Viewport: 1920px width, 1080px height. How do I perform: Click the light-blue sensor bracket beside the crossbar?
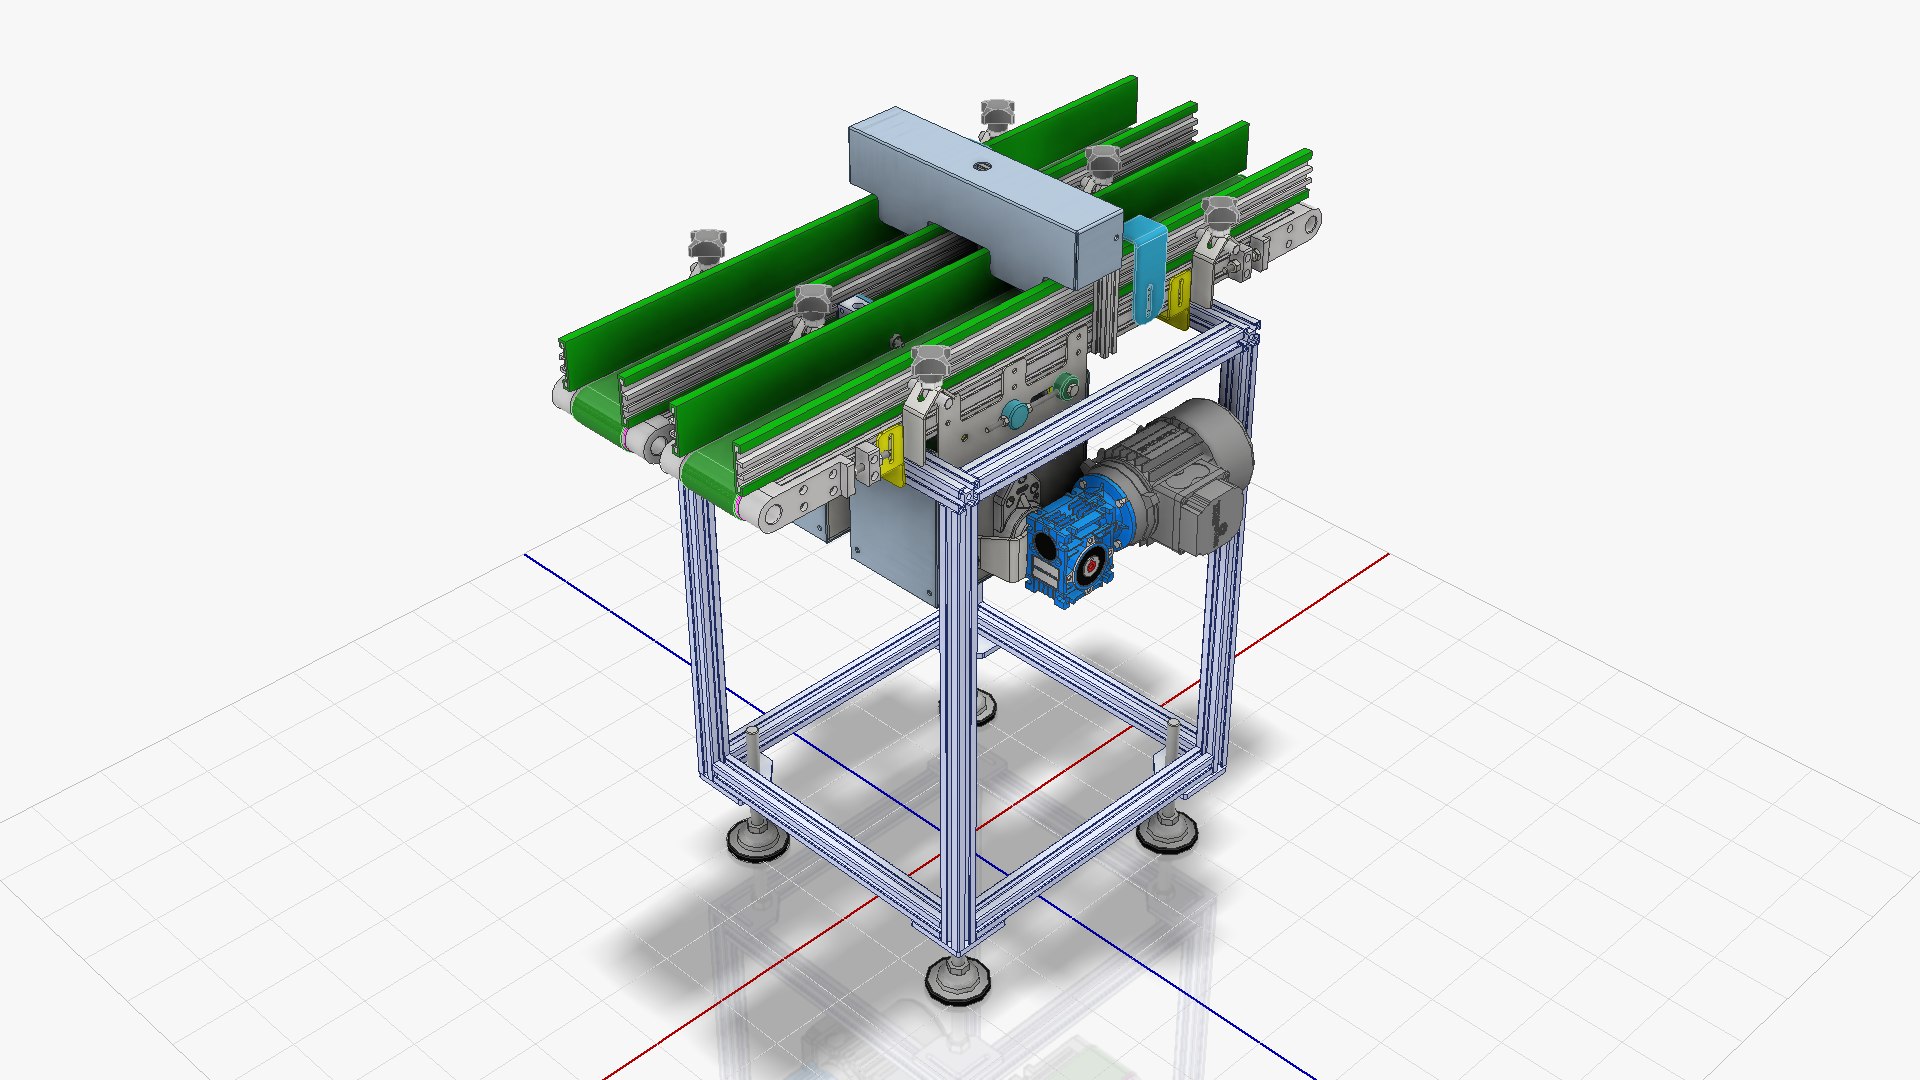point(1146,270)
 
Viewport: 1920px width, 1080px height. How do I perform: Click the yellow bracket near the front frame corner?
point(890,457)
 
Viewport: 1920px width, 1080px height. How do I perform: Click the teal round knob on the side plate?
point(1015,413)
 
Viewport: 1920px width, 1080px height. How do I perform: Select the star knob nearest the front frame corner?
point(930,365)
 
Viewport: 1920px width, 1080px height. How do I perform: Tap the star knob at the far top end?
point(996,115)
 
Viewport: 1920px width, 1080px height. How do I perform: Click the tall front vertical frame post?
point(958,720)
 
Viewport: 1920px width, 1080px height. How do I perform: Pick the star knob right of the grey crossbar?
point(1218,216)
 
